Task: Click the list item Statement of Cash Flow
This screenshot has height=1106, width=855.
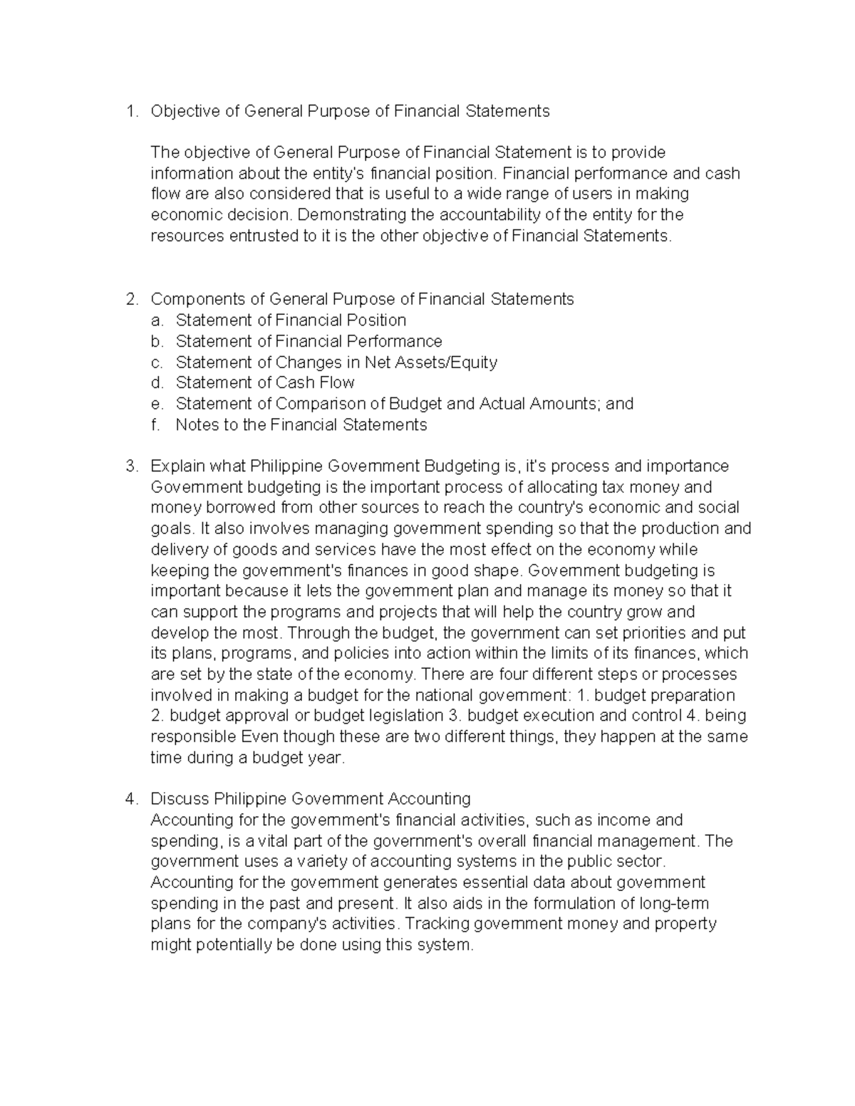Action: (x=265, y=383)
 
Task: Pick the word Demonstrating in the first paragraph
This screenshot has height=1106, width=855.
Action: (x=344, y=215)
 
